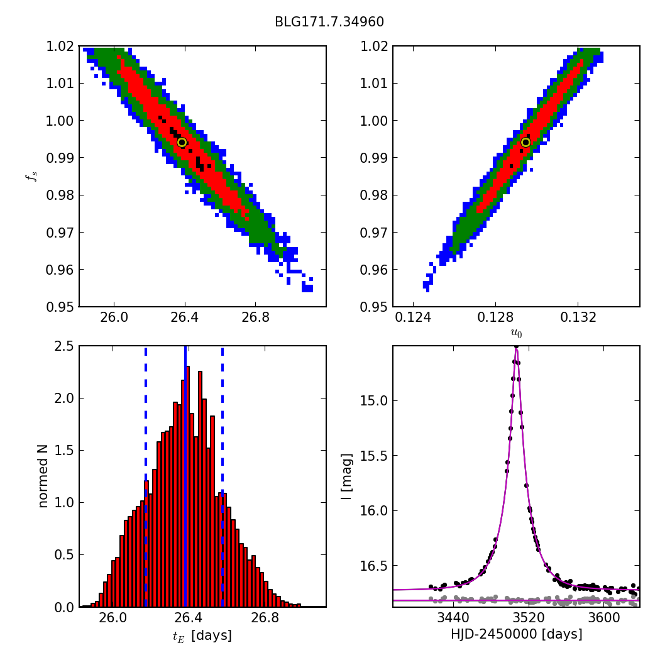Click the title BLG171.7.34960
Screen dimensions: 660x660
coord(329,21)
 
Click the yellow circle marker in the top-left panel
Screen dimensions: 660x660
coord(182,142)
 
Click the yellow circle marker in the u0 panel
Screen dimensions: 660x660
coord(525,142)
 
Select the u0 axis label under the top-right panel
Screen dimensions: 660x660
coord(517,333)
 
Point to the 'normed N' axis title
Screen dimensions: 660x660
coord(43,476)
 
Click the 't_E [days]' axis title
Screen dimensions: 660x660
coord(202,635)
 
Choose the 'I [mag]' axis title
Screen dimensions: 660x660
coord(346,476)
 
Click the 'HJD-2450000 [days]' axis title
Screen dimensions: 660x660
coord(517,634)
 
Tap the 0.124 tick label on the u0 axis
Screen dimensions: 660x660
coord(413,317)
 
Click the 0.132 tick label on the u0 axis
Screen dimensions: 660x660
coord(578,317)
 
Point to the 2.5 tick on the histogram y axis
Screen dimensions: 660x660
coord(64,346)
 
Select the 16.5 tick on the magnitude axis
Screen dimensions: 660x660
coord(374,566)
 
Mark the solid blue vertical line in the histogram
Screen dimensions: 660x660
coord(185,476)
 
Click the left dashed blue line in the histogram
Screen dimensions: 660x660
coord(146,476)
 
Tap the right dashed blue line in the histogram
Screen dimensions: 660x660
coord(223,476)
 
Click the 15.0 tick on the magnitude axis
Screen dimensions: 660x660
coord(374,401)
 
